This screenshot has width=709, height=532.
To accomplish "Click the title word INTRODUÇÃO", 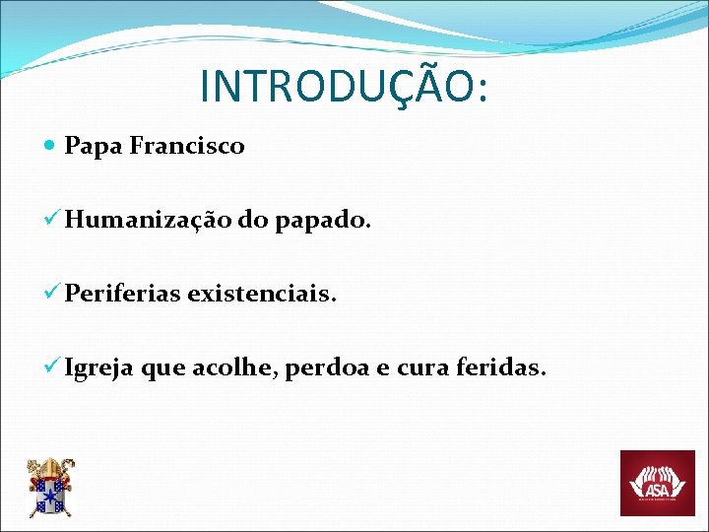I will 335,86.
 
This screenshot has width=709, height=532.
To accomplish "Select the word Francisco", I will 187,147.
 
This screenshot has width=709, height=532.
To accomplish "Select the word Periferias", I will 122,294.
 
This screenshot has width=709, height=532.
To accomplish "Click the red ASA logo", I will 657,483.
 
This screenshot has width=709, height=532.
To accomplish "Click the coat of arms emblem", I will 49,488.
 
